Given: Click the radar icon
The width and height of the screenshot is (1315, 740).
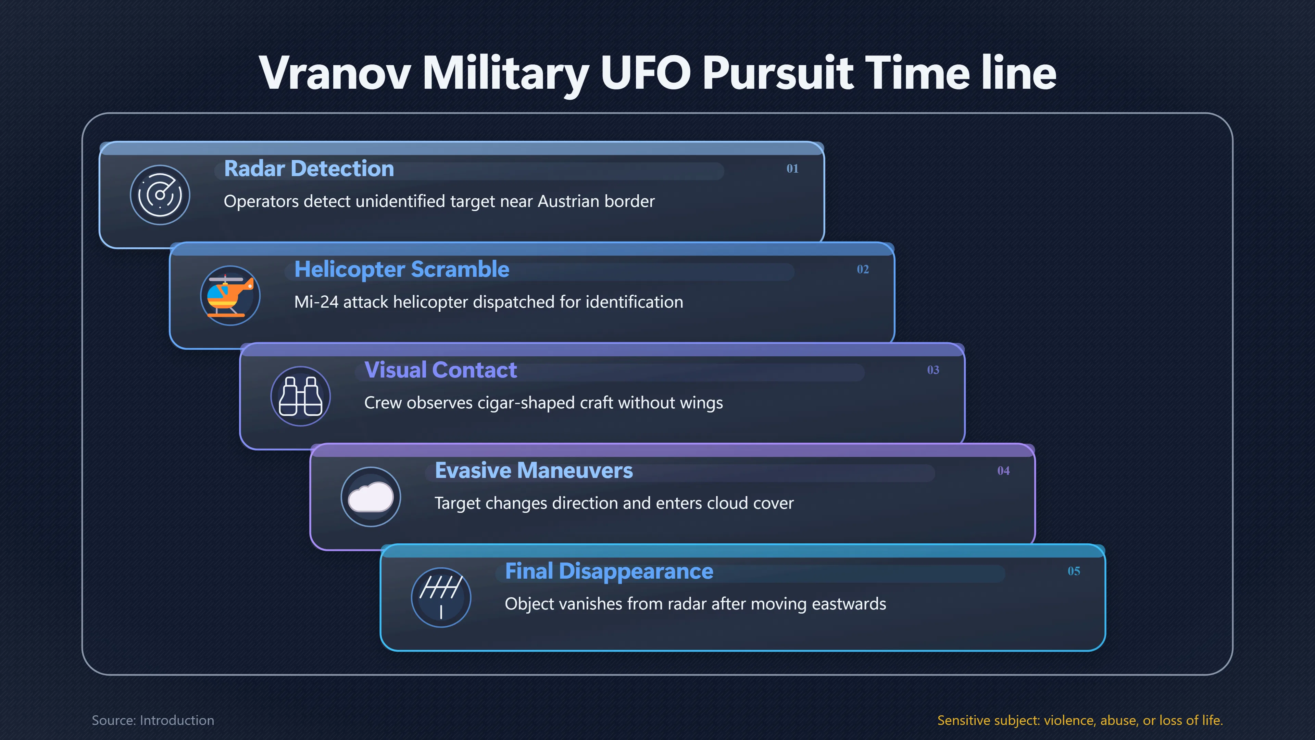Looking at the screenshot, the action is click(x=160, y=195).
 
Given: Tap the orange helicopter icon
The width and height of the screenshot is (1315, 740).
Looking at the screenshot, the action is click(x=230, y=296).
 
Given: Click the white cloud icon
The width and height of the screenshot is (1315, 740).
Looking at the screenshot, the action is click(x=371, y=497).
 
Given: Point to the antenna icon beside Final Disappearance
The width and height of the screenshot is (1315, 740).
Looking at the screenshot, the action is click(x=441, y=597).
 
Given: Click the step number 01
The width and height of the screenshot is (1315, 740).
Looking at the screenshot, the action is click(x=792, y=169).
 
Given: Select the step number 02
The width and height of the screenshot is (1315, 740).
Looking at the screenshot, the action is click(x=863, y=269).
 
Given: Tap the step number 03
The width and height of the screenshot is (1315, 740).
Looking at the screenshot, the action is click(x=933, y=370).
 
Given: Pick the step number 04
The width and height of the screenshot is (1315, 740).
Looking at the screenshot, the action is click(x=1004, y=470).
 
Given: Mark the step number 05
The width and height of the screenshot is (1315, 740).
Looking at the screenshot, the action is click(x=1074, y=571).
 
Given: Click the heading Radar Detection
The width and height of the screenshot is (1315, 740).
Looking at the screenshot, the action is click(x=309, y=169).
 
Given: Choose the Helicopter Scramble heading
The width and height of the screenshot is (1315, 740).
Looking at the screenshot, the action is click(x=402, y=269).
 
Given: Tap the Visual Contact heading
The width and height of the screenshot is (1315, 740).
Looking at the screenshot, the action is click(x=440, y=370).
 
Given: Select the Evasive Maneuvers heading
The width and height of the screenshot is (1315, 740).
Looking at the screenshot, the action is click(x=534, y=470).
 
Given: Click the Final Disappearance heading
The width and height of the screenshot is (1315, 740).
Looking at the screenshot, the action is click(x=609, y=571).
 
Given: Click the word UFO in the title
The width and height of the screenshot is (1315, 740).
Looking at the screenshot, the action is click(x=645, y=73).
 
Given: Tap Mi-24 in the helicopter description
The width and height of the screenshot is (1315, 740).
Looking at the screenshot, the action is click(x=316, y=302).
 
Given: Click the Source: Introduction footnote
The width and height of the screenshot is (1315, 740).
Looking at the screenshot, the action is click(x=153, y=720).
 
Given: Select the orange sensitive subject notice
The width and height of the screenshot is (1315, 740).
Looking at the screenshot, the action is click(x=1080, y=720).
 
